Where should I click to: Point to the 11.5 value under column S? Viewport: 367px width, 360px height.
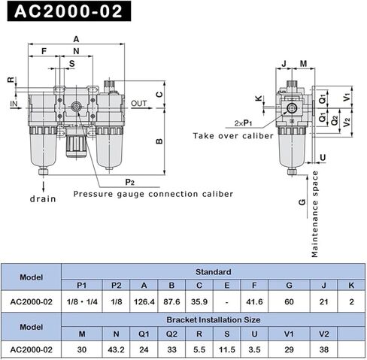coord(226,349)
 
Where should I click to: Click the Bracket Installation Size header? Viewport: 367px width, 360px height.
coord(214,319)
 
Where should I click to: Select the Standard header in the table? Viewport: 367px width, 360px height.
coord(214,271)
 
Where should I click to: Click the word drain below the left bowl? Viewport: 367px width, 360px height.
coord(43,199)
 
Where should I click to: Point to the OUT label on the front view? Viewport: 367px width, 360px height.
coord(139,103)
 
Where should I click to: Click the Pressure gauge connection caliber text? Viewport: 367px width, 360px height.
coord(153,194)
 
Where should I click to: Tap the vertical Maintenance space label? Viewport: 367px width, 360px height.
coord(316,214)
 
